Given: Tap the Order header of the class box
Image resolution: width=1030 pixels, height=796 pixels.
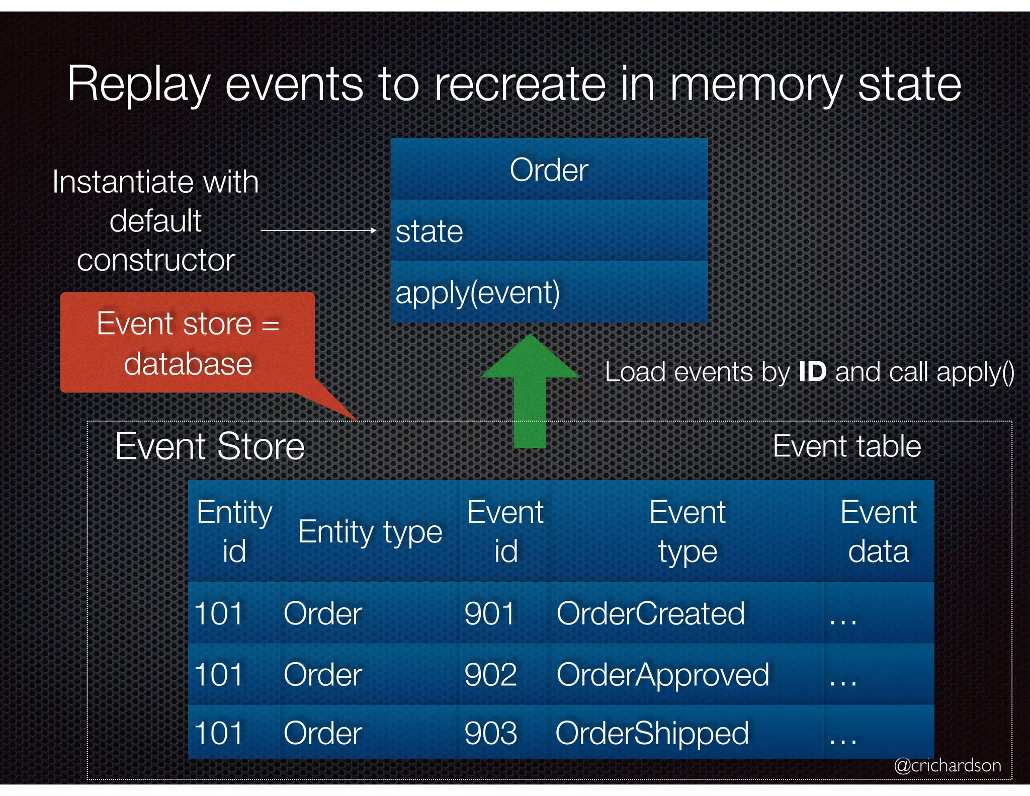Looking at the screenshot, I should coord(549,170).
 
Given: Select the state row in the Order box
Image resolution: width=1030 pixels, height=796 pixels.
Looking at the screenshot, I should coord(549,231).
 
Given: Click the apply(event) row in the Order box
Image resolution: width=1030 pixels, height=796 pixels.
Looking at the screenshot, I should coord(549,292).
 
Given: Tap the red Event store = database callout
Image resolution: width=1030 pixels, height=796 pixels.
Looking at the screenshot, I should coord(188,343).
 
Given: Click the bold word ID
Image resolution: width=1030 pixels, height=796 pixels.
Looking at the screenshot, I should coord(812,372).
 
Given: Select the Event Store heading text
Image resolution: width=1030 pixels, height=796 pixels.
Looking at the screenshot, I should coord(210,446).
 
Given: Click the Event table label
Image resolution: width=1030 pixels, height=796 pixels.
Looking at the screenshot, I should coord(846,446).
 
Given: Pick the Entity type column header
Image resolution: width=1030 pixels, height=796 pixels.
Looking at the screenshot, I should coord(370,532).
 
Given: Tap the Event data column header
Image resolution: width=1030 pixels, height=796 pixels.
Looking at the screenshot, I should coord(878,532).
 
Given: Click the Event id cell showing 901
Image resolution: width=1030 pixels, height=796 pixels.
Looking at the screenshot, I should coord(490,613).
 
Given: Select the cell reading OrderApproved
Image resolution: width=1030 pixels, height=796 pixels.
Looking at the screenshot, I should coord(662,674).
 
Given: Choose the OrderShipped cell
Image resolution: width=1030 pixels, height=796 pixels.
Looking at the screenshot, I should coord(652,733).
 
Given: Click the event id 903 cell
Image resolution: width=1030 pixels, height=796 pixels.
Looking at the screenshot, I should coord(491,733).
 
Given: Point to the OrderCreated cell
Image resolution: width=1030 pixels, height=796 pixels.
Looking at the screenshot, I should coord(650,613).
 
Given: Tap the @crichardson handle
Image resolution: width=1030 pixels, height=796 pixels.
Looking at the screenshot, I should coord(947,765).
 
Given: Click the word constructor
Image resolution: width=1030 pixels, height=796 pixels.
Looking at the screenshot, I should coord(156,260).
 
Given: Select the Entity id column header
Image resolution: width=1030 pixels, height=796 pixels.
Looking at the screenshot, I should coord(234,532).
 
